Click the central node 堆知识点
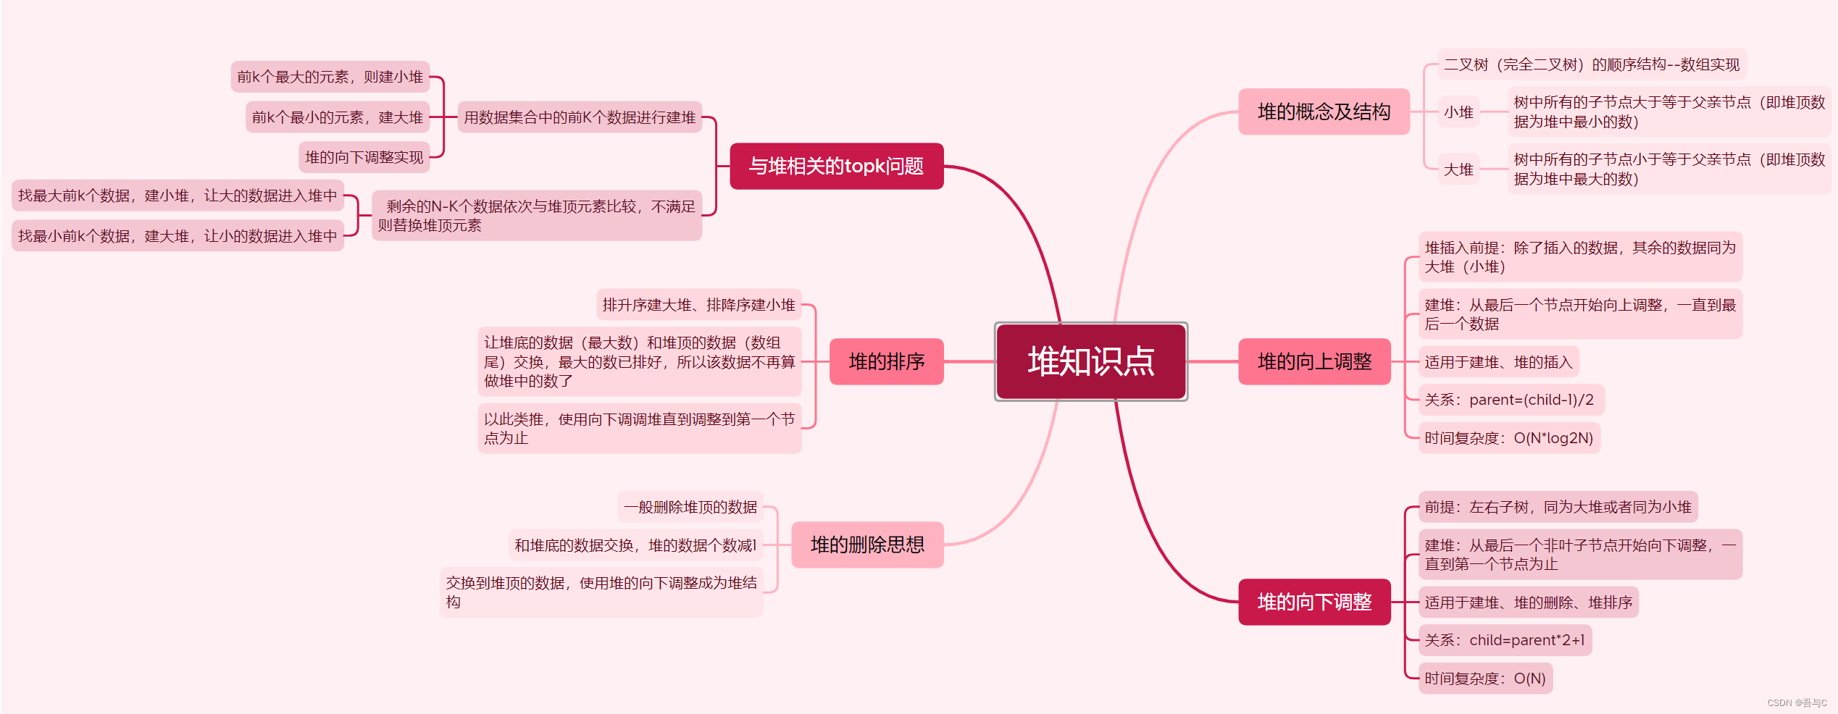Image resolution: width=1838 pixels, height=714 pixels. [1090, 361]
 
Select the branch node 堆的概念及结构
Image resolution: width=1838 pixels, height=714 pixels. [1324, 112]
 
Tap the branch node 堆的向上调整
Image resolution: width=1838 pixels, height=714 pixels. [1314, 361]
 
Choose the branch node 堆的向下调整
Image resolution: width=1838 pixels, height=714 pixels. [1314, 602]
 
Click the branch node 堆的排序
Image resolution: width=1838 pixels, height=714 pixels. [886, 361]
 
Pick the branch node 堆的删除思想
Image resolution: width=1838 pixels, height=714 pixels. [867, 545]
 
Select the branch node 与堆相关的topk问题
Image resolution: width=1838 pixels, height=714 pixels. [836, 166]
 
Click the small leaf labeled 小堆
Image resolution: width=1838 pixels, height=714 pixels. [1458, 112]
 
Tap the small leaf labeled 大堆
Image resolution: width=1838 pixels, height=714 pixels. [1458, 169]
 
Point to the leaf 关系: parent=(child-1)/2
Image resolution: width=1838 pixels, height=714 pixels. [1509, 400]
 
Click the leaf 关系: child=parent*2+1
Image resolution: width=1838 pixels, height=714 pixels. [1504, 640]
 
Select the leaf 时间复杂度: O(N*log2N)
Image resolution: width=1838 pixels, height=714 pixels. [1508, 438]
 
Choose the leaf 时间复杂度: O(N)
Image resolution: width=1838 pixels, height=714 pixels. [1484, 679]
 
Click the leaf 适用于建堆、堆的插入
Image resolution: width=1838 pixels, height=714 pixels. [1498, 362]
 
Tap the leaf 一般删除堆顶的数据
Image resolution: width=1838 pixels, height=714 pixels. [690, 507]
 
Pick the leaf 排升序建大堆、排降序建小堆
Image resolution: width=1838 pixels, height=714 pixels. [698, 305]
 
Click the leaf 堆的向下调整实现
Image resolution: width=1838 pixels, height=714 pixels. [364, 157]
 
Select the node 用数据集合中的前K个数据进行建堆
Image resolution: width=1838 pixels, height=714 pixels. [580, 117]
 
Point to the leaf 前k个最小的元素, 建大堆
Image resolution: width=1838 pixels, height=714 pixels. [337, 117]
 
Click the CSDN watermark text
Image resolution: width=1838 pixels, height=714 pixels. [1797, 702]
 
